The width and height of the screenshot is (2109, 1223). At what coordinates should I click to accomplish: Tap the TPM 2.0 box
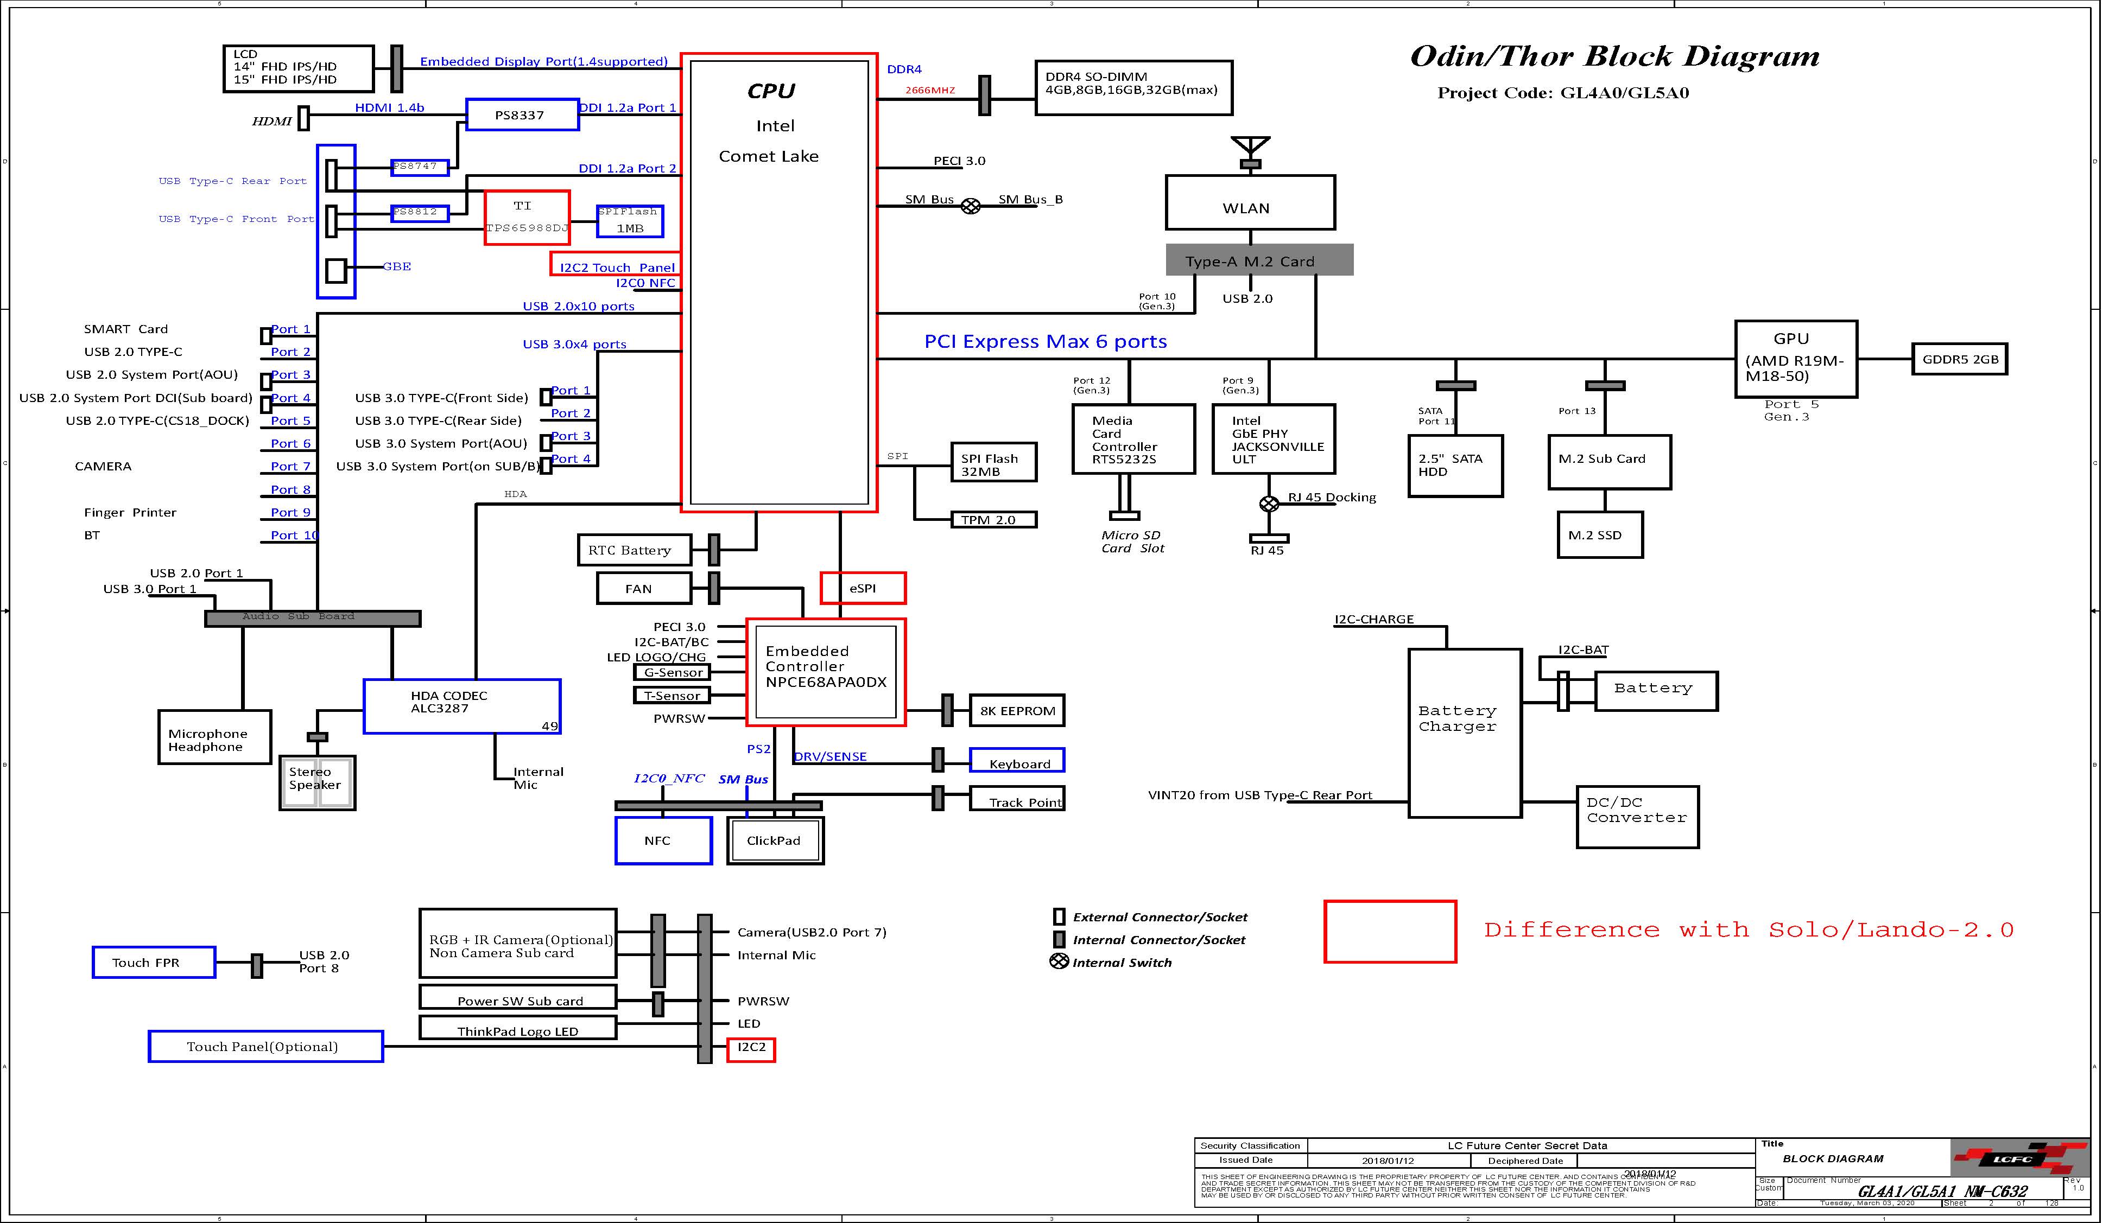[x=993, y=519]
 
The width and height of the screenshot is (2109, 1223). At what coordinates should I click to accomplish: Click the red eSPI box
[x=862, y=588]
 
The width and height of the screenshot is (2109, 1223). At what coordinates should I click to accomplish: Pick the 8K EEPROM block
[x=1017, y=710]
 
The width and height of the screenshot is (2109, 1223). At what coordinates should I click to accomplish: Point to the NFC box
[x=663, y=840]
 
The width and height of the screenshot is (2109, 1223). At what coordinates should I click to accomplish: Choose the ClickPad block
[x=775, y=840]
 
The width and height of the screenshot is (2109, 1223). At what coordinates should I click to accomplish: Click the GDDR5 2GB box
[x=1959, y=359]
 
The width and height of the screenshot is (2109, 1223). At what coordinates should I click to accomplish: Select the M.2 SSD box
[x=1599, y=534]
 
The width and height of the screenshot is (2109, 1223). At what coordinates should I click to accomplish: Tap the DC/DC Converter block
[x=1637, y=817]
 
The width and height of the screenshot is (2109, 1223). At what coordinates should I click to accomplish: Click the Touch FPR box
[x=153, y=962]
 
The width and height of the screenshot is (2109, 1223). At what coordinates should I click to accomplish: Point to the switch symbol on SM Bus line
[x=970, y=206]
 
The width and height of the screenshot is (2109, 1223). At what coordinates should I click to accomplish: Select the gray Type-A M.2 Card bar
[x=1259, y=260]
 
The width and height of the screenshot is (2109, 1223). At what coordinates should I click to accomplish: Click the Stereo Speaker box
[x=317, y=782]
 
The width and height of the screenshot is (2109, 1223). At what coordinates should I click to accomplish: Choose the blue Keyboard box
[x=1017, y=760]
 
